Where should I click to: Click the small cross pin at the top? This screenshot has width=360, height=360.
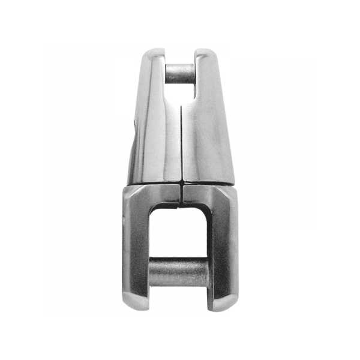tap(179, 73)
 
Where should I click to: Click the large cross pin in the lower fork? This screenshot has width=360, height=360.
tap(178, 271)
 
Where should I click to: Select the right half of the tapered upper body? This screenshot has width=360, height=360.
tap(207, 132)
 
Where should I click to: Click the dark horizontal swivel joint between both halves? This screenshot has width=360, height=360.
tap(180, 182)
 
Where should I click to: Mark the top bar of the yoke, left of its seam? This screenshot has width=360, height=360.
tap(159, 194)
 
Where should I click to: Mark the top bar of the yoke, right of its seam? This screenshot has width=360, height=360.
tap(203, 194)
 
